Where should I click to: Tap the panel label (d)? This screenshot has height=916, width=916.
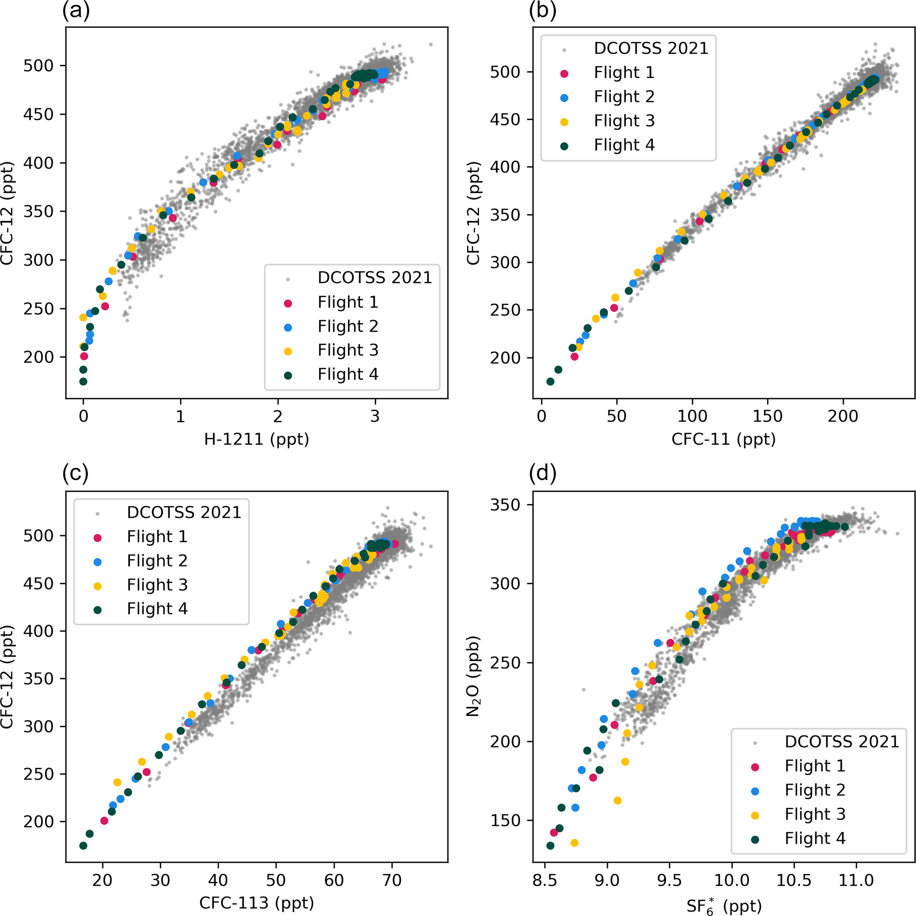(543, 473)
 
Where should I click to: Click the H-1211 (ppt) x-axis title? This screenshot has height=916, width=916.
(257, 439)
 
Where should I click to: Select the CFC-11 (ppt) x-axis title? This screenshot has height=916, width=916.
(724, 439)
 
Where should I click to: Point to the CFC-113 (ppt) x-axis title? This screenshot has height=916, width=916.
(257, 903)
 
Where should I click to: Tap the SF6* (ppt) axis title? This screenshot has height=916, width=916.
(724, 905)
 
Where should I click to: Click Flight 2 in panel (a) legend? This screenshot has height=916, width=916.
(347, 326)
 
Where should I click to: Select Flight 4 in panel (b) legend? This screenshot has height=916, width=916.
(624, 145)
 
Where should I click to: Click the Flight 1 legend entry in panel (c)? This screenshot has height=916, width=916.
(157, 536)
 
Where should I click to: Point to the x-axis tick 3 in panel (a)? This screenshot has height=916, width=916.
(375, 416)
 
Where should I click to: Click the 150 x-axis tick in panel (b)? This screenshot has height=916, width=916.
(767, 416)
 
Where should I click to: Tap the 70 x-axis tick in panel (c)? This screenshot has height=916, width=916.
(392, 881)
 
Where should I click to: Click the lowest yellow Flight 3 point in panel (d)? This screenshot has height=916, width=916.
(574, 843)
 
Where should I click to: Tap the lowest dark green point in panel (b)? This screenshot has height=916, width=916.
(550, 381)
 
